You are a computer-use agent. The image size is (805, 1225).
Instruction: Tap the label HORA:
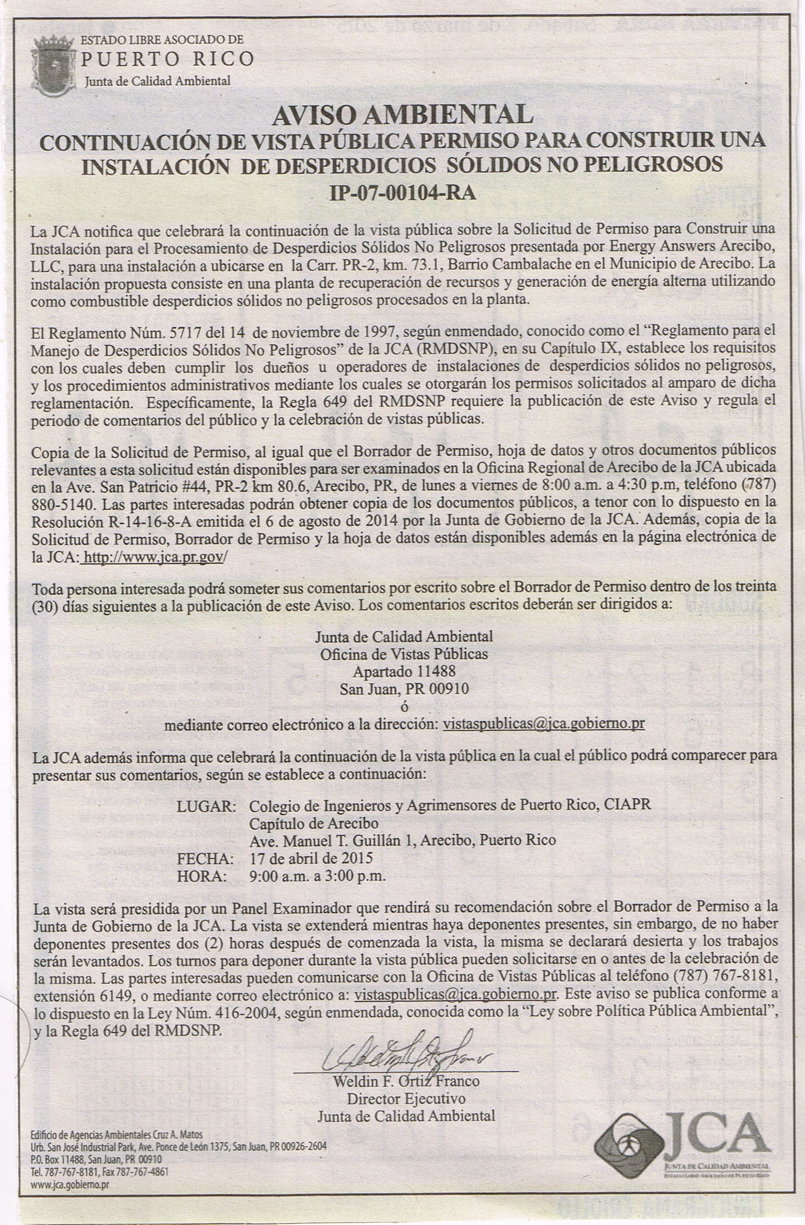[202, 876]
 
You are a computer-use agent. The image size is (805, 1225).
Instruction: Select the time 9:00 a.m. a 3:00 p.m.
[317, 876]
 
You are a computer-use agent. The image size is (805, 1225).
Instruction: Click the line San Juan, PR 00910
[404, 689]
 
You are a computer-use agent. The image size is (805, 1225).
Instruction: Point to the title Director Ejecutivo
[406, 1099]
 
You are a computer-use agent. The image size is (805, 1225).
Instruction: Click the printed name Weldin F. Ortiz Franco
[406, 1081]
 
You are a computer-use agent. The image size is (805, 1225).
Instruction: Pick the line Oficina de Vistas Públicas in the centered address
[404, 654]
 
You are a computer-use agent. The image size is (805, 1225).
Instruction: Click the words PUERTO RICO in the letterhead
[168, 59]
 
